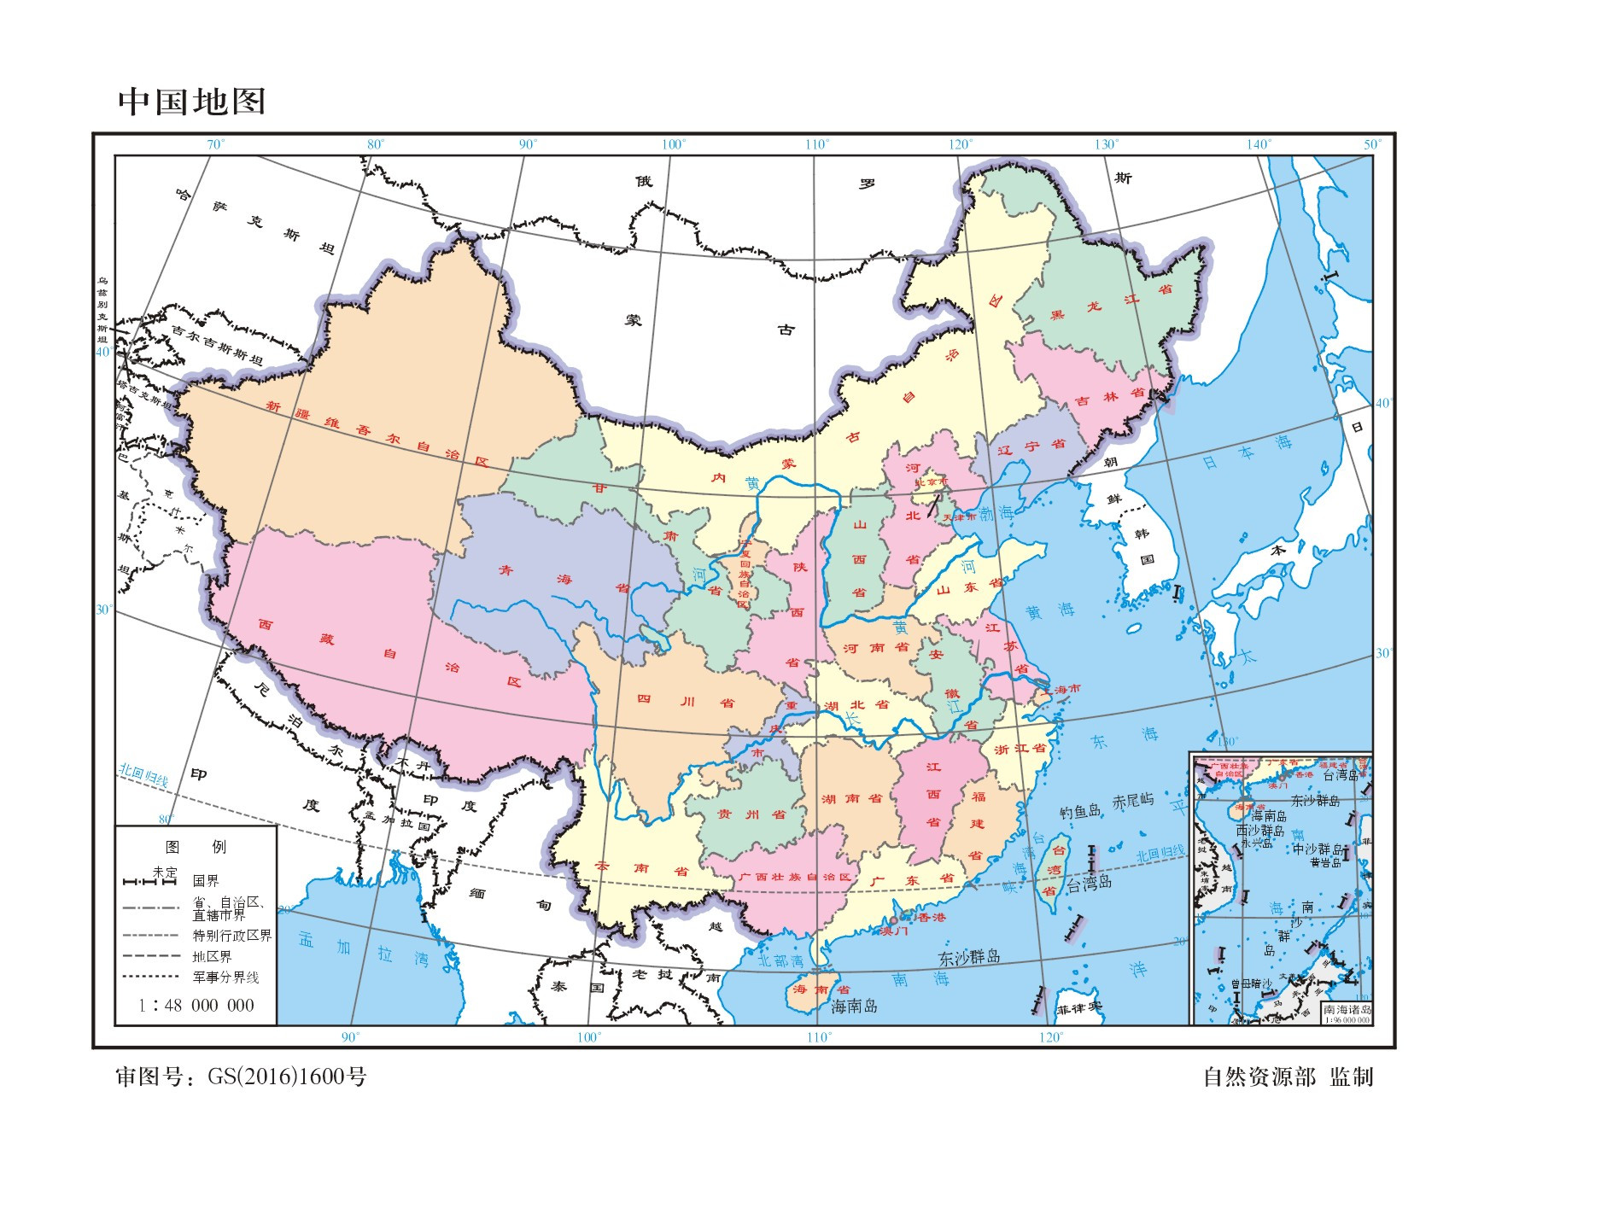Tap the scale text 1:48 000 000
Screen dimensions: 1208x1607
pyautogui.click(x=197, y=1006)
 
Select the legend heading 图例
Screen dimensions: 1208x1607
pyautogui.click(x=196, y=847)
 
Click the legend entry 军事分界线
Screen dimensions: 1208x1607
pyautogui.click(x=225, y=977)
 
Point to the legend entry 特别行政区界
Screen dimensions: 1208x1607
pyautogui.click(x=231, y=936)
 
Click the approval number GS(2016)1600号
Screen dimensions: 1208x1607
pyautogui.click(x=287, y=1077)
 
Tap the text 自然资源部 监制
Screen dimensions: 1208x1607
pyautogui.click(x=1288, y=1077)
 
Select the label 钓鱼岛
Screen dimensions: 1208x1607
pyautogui.click(x=1080, y=811)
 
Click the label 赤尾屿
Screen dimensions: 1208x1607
pyautogui.click(x=1133, y=802)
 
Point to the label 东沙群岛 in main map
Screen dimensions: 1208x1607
pyautogui.click(x=969, y=957)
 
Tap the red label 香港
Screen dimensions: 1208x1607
pyautogui.click(x=932, y=917)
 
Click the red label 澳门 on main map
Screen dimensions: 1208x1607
pyautogui.click(x=894, y=931)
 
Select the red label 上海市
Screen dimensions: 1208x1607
pyautogui.click(x=1063, y=689)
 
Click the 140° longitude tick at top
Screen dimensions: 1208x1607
pyautogui.click(x=1258, y=144)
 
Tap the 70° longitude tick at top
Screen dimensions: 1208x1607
pyautogui.click(x=215, y=144)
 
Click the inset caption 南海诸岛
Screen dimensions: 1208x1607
pyautogui.click(x=1347, y=1009)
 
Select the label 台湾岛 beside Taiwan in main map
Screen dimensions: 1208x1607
pyautogui.click(x=1089, y=884)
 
